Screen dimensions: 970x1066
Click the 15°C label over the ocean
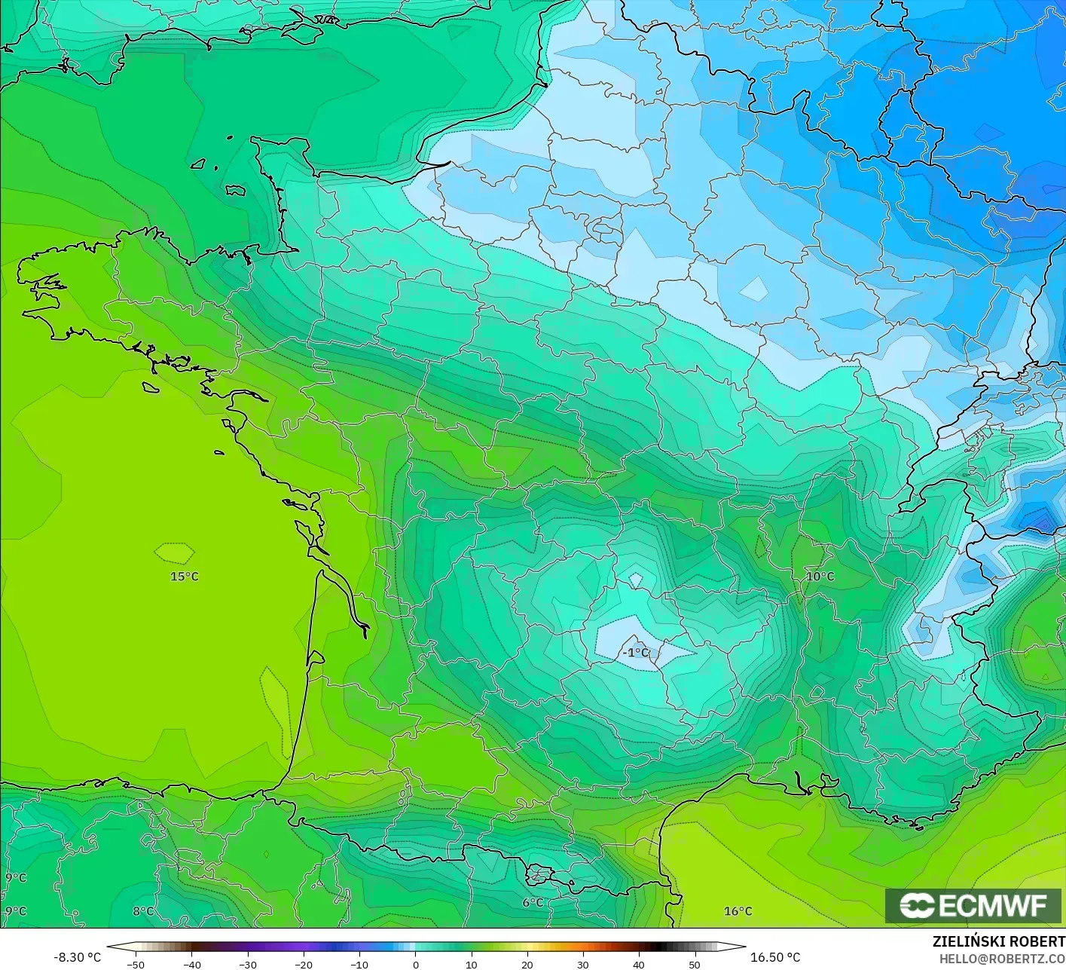tap(185, 577)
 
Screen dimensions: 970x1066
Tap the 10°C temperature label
tap(820, 577)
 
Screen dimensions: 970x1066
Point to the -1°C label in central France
tap(636, 652)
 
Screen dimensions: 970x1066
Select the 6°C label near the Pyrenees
tap(533, 903)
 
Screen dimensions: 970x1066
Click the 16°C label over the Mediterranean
tap(738, 911)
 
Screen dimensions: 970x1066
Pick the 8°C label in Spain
tap(143, 911)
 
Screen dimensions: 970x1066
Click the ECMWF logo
tap(973, 905)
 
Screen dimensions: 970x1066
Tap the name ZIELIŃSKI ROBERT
tap(998, 942)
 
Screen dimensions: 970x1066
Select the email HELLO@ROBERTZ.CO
tap(1002, 958)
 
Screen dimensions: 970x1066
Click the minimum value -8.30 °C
tap(77, 957)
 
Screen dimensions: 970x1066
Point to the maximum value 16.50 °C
tap(775, 957)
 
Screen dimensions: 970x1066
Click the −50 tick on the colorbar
tap(136, 964)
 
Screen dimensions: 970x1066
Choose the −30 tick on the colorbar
tap(247, 964)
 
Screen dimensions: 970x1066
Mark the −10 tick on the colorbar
tap(359, 964)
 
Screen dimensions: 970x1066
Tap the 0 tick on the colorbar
tap(415, 964)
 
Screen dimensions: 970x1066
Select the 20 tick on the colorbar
tap(527, 964)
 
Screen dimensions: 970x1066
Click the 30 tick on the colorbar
tap(582, 964)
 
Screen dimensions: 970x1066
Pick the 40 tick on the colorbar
tap(638, 964)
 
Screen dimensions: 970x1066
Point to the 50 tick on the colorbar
tap(694, 964)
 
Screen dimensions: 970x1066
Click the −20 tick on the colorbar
tap(303, 964)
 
